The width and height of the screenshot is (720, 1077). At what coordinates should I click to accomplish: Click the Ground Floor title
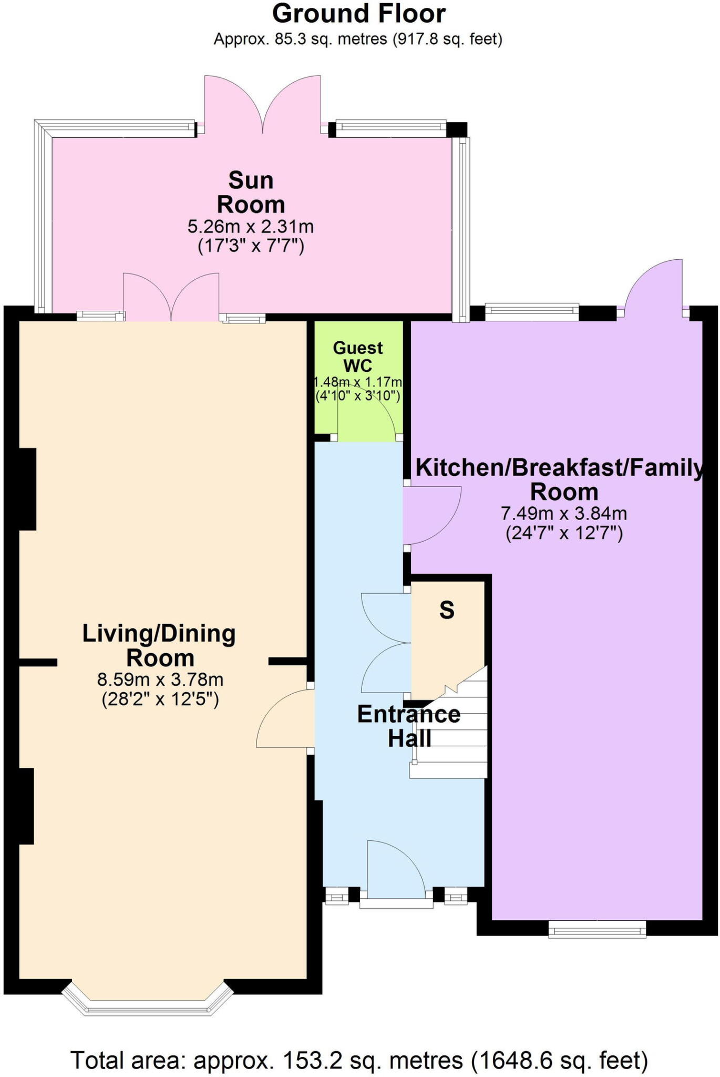pyautogui.click(x=359, y=14)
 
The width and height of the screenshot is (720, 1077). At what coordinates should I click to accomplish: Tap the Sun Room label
pyautogui.click(x=251, y=192)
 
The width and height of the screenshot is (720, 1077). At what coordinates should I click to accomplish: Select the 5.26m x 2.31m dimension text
pyautogui.click(x=251, y=227)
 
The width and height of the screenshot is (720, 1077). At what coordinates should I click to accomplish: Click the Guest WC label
pyautogui.click(x=358, y=357)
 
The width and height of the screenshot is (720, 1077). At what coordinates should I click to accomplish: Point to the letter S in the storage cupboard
pyautogui.click(x=447, y=610)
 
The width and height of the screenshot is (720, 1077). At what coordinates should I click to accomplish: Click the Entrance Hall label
pyautogui.click(x=409, y=726)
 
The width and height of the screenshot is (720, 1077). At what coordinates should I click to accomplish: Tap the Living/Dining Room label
pyautogui.click(x=159, y=646)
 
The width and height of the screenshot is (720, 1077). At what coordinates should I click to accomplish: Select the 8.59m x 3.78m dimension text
pyautogui.click(x=160, y=679)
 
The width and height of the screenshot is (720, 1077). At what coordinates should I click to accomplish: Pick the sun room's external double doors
pyautogui.click(x=263, y=103)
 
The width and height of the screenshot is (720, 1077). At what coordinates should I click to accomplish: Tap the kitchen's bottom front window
pyautogui.click(x=598, y=929)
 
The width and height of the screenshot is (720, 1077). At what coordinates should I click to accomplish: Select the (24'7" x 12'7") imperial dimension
pyautogui.click(x=564, y=533)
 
